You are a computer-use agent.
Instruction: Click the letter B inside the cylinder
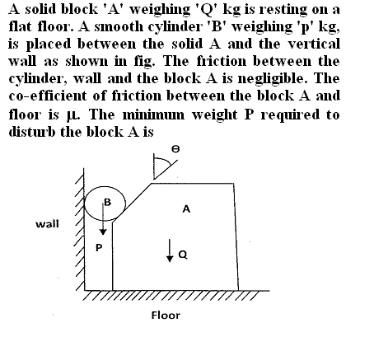coord(108,202)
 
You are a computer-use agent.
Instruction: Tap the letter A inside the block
coord(186,209)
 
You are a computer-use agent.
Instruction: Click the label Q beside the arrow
coord(183,255)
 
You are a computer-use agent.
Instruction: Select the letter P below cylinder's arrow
coord(99,248)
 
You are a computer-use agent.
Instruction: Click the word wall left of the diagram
coord(47,224)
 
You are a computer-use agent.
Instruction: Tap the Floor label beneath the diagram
coord(166,315)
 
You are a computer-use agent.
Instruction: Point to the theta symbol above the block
coord(175,149)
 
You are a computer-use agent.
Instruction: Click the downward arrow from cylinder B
coord(103,219)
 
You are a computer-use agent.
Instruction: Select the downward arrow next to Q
coord(170,250)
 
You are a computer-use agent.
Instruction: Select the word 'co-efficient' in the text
coord(48,96)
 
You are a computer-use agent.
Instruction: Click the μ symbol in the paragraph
coord(73,115)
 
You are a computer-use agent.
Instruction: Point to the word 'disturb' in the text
coord(33,131)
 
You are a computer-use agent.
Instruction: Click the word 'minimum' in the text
coord(153,115)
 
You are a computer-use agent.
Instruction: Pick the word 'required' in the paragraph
coord(290,115)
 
